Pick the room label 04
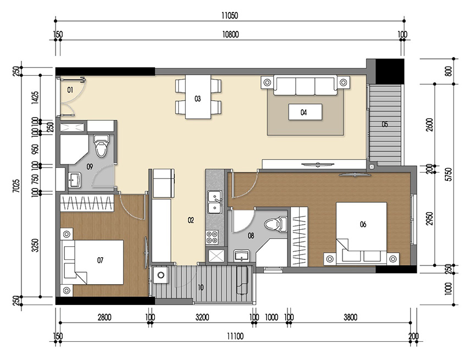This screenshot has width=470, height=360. [x=303, y=113]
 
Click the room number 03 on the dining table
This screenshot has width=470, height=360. [x=198, y=99]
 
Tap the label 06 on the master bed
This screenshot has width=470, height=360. [x=363, y=224]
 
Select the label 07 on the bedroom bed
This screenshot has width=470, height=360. [x=100, y=260]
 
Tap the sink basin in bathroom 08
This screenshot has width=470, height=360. [x=242, y=256]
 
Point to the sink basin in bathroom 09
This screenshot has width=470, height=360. [x=75, y=179]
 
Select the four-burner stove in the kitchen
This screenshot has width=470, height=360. [x=213, y=237]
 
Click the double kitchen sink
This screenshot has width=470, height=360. [x=213, y=202]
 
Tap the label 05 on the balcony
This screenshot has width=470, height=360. [x=385, y=124]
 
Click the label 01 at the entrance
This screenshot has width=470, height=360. [x=70, y=88]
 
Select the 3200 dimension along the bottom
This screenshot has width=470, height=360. [x=202, y=317]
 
